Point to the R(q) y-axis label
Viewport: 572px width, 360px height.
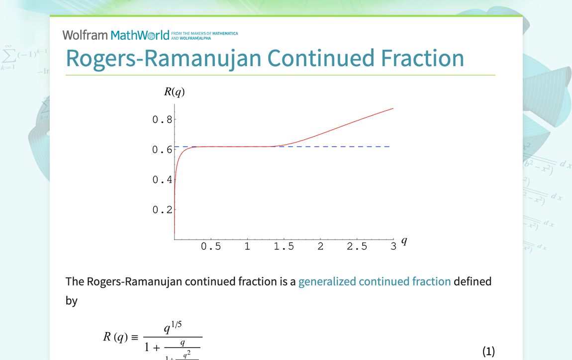coord(174,91)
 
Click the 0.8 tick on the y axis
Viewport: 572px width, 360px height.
coord(162,119)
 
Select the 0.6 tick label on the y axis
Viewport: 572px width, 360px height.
coord(162,150)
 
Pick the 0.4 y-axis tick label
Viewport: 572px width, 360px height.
coord(162,180)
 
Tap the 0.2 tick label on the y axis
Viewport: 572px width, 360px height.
coord(162,210)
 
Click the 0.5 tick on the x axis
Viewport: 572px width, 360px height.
coord(211,247)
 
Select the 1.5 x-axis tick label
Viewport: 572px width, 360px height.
coord(284,247)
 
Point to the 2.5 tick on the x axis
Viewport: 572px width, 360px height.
coord(357,247)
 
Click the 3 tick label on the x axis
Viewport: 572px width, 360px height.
coord(393,247)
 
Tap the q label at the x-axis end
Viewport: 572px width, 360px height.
coord(404,241)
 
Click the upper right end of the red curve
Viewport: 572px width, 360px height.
coord(393,108)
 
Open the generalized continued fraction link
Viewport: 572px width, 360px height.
coord(375,281)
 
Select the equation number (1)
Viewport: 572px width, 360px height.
coord(488,352)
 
